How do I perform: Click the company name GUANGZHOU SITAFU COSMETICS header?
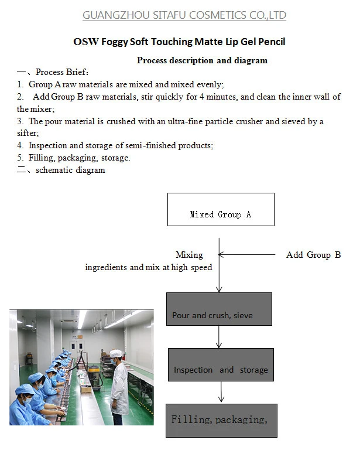184,15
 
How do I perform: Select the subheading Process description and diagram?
202,60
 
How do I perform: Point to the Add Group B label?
313,255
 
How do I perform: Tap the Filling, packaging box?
221,420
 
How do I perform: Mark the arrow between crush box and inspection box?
219,337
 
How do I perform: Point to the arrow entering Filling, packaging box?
221,393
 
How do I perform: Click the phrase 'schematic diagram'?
70,171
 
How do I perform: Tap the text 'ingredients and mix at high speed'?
149,267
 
